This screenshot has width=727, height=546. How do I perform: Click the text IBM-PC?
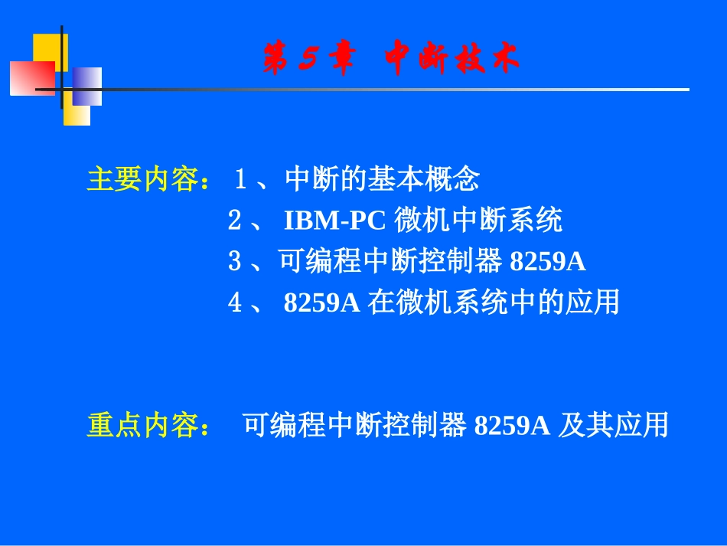pos(336,221)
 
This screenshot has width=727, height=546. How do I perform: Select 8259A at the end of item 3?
pos(547,262)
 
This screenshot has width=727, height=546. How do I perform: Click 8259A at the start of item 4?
pos(321,303)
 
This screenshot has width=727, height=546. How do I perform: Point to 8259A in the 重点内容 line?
pos(512,425)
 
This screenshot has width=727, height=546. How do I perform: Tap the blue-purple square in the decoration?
pos(87,86)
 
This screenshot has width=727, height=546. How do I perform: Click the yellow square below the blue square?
pos(78,114)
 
